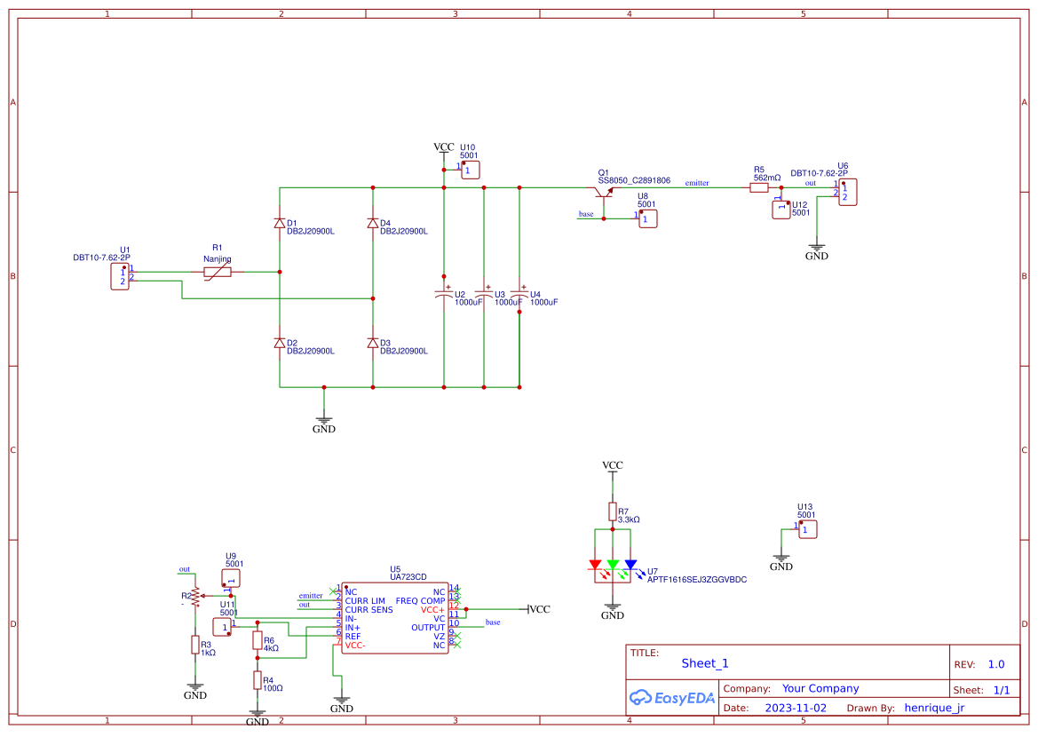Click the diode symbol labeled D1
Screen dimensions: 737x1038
click(x=280, y=223)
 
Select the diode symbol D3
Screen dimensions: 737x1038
click(x=373, y=343)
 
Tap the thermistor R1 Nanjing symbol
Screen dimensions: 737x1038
click(x=218, y=272)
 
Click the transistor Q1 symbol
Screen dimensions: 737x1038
click(x=606, y=194)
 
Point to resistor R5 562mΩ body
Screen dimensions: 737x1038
click(x=759, y=187)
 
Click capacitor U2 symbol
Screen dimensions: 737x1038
click(x=443, y=293)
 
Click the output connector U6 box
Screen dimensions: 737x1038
click(x=847, y=192)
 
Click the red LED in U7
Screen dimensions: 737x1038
click(x=595, y=565)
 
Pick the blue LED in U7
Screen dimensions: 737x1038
click(x=630, y=565)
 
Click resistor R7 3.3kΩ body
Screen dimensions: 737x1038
click(x=613, y=511)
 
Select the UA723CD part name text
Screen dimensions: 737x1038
click(x=408, y=578)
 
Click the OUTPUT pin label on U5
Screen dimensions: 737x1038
click(x=428, y=628)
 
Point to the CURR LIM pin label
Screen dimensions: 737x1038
click(x=365, y=601)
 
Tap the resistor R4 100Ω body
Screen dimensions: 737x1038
click(x=258, y=680)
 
